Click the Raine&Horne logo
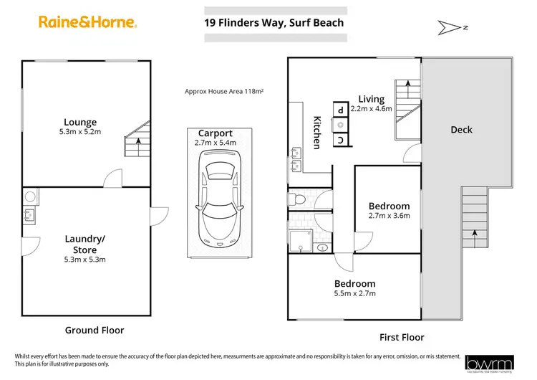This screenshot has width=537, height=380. [87, 22]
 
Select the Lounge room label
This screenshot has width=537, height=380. [79, 122]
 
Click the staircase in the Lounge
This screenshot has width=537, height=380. [137, 141]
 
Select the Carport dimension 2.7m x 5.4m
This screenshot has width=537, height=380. [215, 143]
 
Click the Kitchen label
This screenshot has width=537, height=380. [316, 133]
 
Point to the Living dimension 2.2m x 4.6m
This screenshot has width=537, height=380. [371, 109]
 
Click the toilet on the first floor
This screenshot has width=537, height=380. [296, 198]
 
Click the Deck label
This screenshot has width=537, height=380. [461, 130]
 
